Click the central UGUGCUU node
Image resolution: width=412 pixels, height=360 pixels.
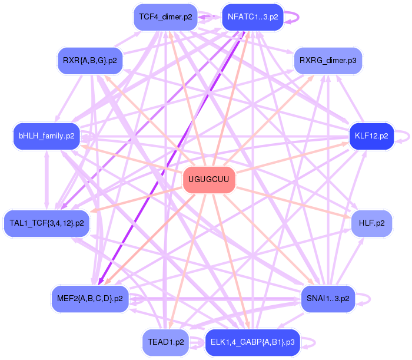(209, 179)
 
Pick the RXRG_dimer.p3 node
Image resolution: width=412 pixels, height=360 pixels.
(323, 60)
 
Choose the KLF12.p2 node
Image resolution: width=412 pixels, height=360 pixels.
(371, 136)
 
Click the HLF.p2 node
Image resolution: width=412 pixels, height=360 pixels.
(371, 223)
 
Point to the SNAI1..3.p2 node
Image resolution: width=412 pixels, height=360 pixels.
(327, 298)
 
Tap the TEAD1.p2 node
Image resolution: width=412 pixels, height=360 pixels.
(165, 342)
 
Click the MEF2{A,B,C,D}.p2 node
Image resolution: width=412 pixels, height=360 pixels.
(89, 298)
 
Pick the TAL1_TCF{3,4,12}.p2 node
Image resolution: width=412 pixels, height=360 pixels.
(46, 223)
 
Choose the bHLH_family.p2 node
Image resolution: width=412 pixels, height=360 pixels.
(46, 136)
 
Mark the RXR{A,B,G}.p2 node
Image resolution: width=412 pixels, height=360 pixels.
(89, 60)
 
